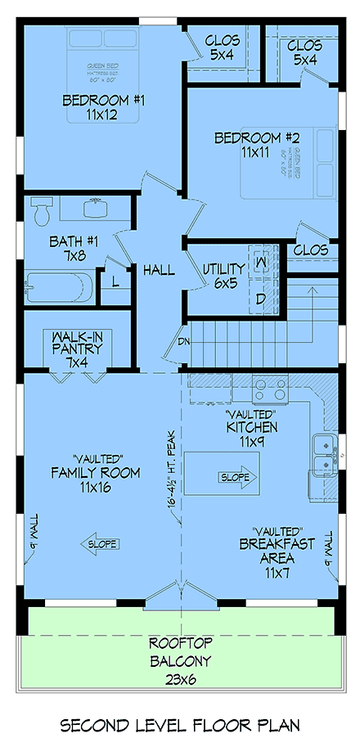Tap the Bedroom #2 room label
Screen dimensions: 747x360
[255, 145]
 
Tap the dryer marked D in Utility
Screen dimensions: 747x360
[261, 299]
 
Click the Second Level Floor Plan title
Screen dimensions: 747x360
[181, 725]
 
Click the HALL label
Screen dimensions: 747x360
[158, 269]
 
